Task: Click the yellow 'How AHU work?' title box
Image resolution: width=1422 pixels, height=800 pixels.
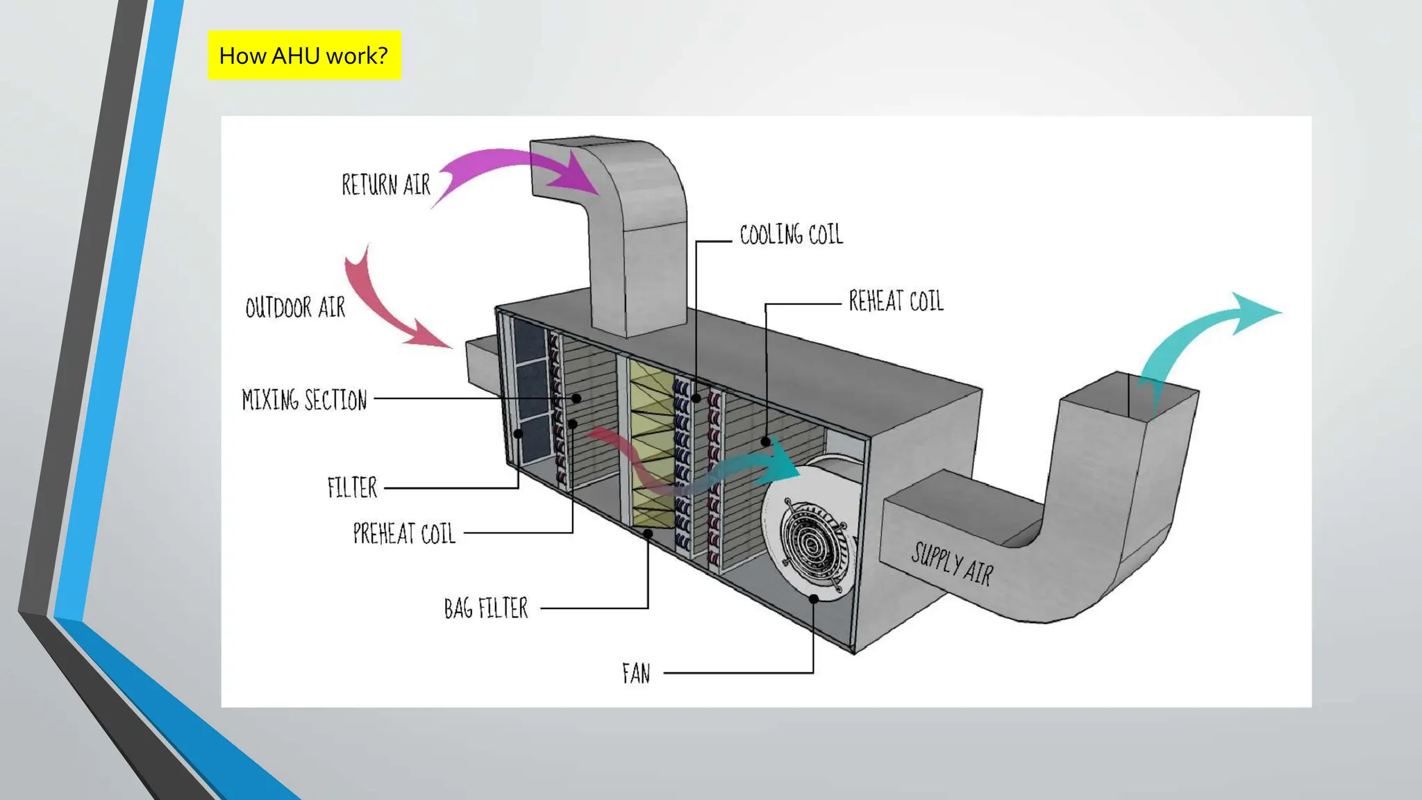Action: [304, 55]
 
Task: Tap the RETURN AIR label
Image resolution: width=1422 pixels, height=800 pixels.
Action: [386, 185]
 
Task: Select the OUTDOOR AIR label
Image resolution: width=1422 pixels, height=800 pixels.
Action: [295, 307]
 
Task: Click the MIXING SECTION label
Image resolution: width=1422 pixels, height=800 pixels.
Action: [304, 400]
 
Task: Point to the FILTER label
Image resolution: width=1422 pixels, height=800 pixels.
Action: [352, 487]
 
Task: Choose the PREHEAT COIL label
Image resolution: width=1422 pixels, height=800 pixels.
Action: [404, 533]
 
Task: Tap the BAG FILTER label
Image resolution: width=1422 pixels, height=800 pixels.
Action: [486, 608]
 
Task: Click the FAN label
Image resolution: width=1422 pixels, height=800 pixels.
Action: [636, 673]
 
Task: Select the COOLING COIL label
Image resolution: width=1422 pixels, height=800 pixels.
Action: [791, 235]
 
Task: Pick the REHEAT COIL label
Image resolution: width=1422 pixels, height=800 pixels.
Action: [896, 301]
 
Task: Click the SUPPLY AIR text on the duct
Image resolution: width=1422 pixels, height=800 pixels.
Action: [953, 563]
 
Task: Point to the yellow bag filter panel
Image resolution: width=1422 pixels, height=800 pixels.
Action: [651, 444]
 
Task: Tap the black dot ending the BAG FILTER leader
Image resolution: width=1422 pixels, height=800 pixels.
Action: [648, 533]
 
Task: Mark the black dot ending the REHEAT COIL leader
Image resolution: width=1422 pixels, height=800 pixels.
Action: [765, 442]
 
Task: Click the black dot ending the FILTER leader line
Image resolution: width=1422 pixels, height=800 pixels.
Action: [518, 434]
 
